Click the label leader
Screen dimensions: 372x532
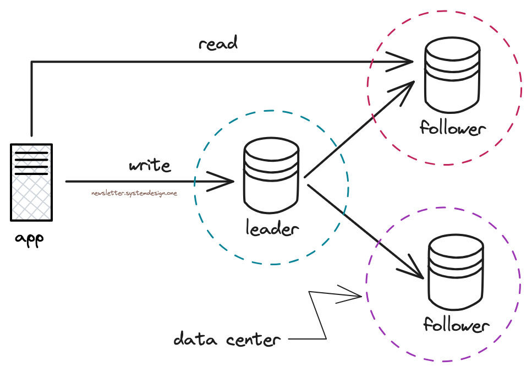point(272,228)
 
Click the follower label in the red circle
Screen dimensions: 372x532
point(452,129)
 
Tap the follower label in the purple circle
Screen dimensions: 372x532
point(456,325)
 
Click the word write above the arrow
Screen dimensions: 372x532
point(149,165)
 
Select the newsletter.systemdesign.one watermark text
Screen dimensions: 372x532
point(134,194)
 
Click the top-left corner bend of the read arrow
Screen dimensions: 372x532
point(32,62)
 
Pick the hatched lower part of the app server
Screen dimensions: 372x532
point(31,198)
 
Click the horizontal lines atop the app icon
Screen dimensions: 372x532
point(31,161)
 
